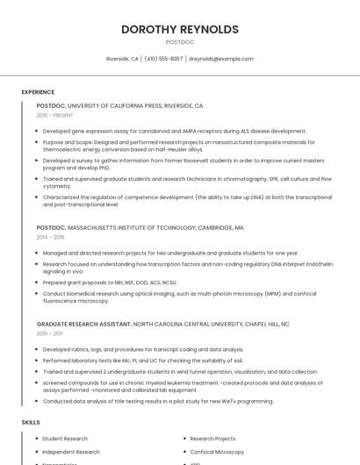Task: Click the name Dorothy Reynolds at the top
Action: point(180,29)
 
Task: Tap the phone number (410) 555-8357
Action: point(163,59)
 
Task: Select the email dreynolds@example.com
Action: point(221,59)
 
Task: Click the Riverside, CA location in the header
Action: point(122,59)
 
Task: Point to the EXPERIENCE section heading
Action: point(38,92)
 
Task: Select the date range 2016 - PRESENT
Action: point(55,115)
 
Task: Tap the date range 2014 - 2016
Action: point(50,237)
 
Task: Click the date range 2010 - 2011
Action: point(49,333)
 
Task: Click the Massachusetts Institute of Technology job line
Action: point(140,227)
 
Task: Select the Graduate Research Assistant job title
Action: point(84,324)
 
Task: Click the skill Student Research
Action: point(65,439)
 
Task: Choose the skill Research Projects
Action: point(212,439)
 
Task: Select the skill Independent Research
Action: point(71,452)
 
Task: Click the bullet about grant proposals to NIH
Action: point(110,283)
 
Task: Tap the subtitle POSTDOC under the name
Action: point(180,42)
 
